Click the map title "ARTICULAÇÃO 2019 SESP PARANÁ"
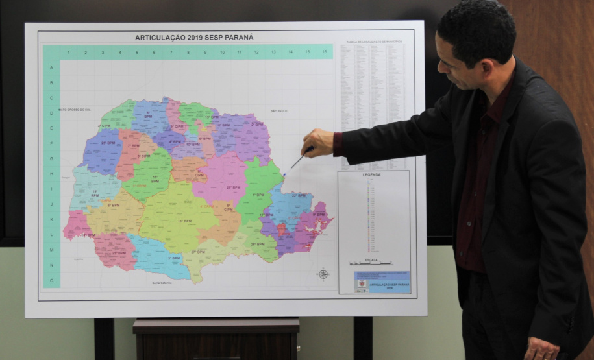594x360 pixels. click(x=193, y=37)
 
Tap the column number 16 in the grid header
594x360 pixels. click(x=324, y=51)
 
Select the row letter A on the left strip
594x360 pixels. click(x=51, y=67)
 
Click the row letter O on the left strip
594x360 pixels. click(x=51, y=280)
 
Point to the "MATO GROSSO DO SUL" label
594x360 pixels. click(x=73, y=110)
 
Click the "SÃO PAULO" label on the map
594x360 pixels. click(x=278, y=111)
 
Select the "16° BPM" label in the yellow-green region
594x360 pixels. click(x=184, y=221)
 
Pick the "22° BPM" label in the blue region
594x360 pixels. click(x=298, y=195)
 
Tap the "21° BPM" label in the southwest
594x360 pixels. click(x=119, y=253)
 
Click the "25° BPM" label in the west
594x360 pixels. click(x=108, y=142)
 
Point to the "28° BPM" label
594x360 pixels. click(x=257, y=244)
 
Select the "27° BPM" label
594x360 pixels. click(x=198, y=252)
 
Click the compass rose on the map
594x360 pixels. click(x=323, y=274)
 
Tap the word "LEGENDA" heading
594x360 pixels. click(x=372, y=175)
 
